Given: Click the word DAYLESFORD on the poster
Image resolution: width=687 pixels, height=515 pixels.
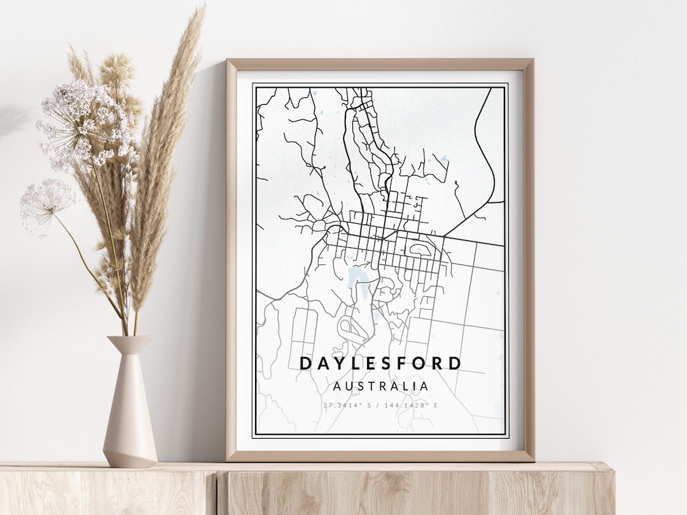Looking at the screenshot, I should click(380, 364).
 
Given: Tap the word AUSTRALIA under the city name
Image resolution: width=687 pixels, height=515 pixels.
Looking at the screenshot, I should click(380, 386).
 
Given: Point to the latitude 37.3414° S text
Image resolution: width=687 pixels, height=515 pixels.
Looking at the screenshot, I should click(347, 405).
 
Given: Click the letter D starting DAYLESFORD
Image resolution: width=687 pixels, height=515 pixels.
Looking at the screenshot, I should click(305, 364).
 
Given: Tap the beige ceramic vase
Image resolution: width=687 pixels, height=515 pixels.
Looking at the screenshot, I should click(130, 413).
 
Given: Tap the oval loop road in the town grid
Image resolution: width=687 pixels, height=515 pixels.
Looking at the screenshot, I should click(420, 249).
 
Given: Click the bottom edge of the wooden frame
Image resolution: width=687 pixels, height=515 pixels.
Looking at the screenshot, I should click(380, 456).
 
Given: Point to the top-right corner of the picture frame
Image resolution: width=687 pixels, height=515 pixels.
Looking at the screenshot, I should click(531, 61).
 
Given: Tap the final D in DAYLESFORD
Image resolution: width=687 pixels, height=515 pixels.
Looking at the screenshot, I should click(455, 364).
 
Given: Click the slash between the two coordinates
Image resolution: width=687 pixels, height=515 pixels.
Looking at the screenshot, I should click(379, 405).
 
